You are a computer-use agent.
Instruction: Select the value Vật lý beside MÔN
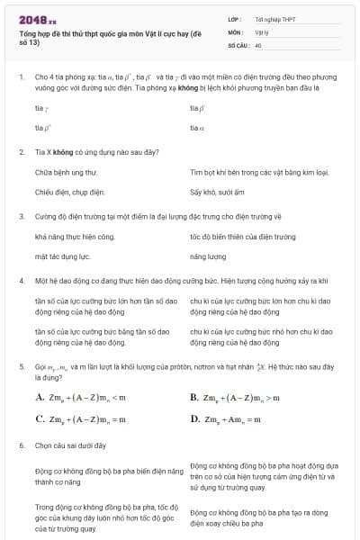pyautogui.click(x=262, y=31)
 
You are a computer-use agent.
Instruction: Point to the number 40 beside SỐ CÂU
pyautogui.click(x=258, y=44)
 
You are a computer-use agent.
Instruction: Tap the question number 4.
pyautogui.click(x=21, y=281)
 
